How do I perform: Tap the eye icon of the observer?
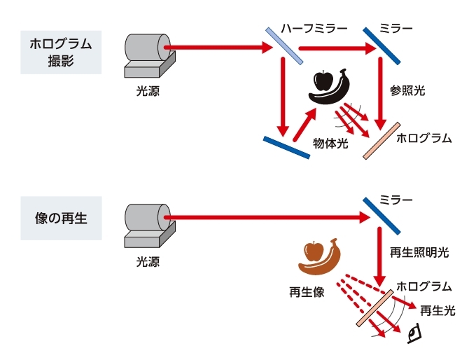(x=415, y=333)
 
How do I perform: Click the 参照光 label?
(x=407, y=91)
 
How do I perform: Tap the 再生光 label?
(x=438, y=310)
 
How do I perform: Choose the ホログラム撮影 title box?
(x=61, y=52)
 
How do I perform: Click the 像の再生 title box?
(x=61, y=219)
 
